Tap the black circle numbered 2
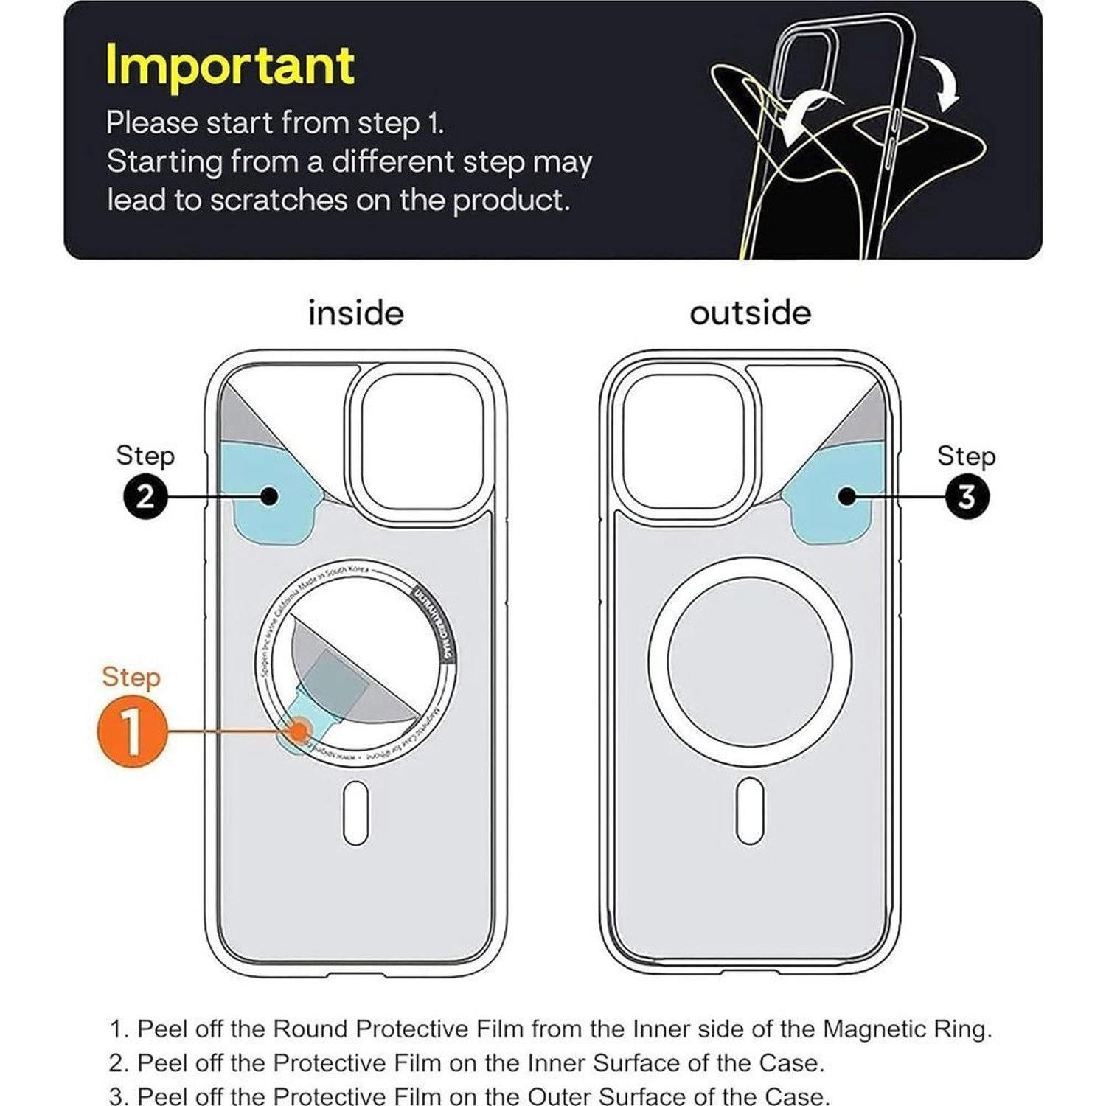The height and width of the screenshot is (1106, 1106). tap(145, 496)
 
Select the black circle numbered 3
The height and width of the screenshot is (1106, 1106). tap(966, 497)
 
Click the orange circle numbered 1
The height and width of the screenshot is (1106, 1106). tap(132, 731)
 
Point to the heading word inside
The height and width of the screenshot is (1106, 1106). tap(355, 313)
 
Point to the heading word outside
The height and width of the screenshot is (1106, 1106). tap(750, 313)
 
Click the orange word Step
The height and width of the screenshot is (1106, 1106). tap(131, 677)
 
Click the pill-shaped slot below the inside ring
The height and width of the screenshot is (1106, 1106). tap(355, 813)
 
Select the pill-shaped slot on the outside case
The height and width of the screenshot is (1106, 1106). tap(750, 810)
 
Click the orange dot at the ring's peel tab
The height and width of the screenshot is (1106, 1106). tap(299, 731)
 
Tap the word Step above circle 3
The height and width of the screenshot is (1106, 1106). tap(966, 456)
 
